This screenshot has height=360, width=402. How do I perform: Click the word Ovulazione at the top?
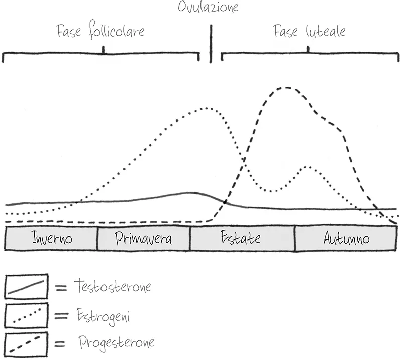[x=208, y=7]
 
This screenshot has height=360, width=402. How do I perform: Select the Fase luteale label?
[x=310, y=31]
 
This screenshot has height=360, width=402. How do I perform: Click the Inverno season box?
[x=51, y=238]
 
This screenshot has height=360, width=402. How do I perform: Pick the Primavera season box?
[x=143, y=238]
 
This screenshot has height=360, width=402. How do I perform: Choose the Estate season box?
[x=242, y=238]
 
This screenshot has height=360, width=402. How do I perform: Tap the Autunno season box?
[x=346, y=238]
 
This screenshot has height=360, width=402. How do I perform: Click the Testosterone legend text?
[x=112, y=287]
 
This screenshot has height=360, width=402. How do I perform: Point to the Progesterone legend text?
[x=116, y=343]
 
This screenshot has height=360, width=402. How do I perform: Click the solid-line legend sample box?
[x=26, y=287]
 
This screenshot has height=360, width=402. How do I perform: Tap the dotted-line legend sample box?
[x=26, y=316]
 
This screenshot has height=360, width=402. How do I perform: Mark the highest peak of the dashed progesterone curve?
[x=286, y=88]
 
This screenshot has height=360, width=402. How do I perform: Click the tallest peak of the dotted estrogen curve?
[x=205, y=108]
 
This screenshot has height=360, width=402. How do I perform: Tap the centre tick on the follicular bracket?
[x=103, y=50]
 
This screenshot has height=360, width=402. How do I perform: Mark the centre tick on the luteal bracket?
[x=308, y=49]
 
